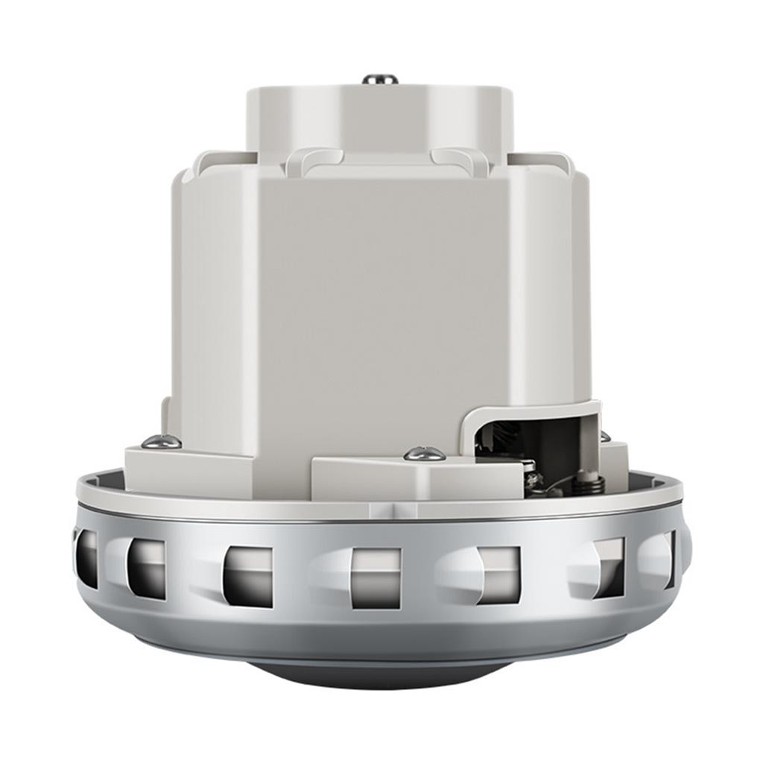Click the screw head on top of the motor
point(379,78)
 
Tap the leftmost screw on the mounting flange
point(161,442)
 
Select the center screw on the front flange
point(425,453)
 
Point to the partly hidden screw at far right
point(605,437)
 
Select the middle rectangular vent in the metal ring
point(376,578)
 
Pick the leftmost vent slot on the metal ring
point(86,558)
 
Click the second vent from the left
point(146,568)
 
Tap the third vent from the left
point(248,577)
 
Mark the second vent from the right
point(607,567)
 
